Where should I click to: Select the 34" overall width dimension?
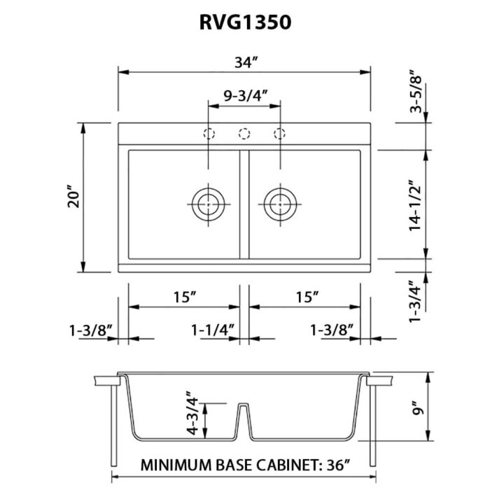pyautogui.click(x=244, y=62)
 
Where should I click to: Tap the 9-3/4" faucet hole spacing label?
pyautogui.click(x=244, y=94)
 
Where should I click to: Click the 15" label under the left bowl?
pyautogui.click(x=183, y=297)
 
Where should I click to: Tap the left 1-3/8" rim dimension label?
pyautogui.click(x=90, y=328)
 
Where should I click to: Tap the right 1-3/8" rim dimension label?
pyautogui.click(x=332, y=328)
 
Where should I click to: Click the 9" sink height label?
pyautogui.click(x=418, y=407)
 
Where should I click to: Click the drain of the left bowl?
pyautogui.click(x=208, y=204)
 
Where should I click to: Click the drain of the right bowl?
pyautogui.click(x=281, y=204)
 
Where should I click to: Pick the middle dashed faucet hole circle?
pyautogui.click(x=245, y=133)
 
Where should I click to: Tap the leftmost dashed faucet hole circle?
pyautogui.click(x=208, y=133)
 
